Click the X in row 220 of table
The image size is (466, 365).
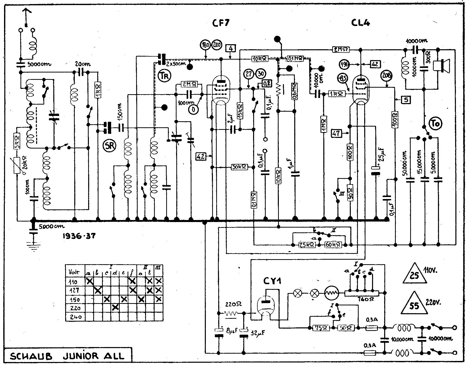(x=115, y=308)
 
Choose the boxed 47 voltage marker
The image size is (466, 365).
(x=336, y=133)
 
